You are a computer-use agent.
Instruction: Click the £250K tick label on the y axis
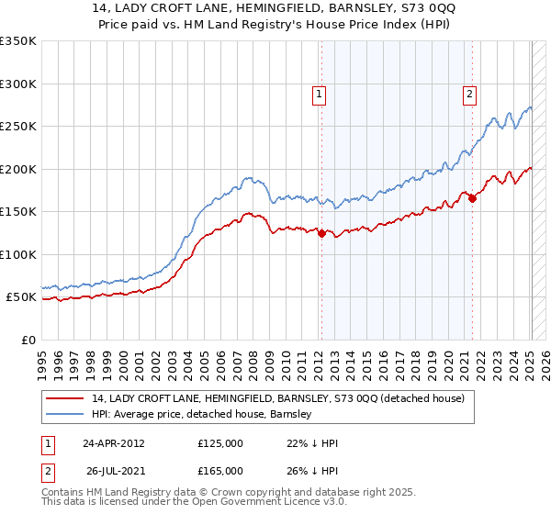(x=18, y=126)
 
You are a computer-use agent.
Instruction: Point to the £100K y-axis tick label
(x=18, y=254)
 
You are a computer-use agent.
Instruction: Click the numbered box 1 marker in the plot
(x=318, y=93)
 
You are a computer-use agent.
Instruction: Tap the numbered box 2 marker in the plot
(x=469, y=93)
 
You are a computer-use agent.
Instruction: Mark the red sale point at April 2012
(x=321, y=233)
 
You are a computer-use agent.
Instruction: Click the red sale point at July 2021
(x=472, y=197)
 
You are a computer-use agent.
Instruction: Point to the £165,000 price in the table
(x=220, y=470)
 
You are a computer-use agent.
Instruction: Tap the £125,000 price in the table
(x=220, y=443)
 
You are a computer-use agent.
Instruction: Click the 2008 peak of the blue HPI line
(x=246, y=178)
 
